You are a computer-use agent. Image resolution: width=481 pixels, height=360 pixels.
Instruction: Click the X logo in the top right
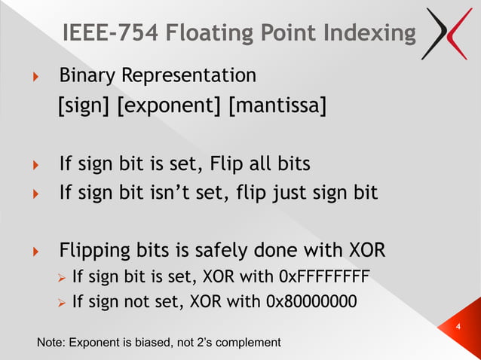click(449, 33)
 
